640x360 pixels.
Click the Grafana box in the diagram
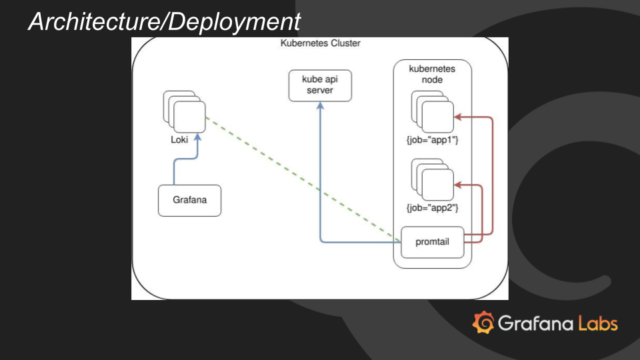coord(189,201)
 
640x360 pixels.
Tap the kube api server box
coord(320,85)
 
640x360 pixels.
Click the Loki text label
coord(179,140)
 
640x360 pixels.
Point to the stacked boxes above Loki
coord(185,113)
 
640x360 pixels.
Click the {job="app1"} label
coord(432,141)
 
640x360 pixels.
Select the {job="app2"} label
coord(432,207)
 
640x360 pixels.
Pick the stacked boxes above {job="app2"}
coord(433,179)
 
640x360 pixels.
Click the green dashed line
coord(300,177)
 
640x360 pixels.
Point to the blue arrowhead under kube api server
coord(320,107)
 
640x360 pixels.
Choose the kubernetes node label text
coord(432,74)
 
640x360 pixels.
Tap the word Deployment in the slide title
coord(233,22)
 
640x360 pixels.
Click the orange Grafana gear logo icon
coord(483,323)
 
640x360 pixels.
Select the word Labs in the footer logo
coord(597,324)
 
